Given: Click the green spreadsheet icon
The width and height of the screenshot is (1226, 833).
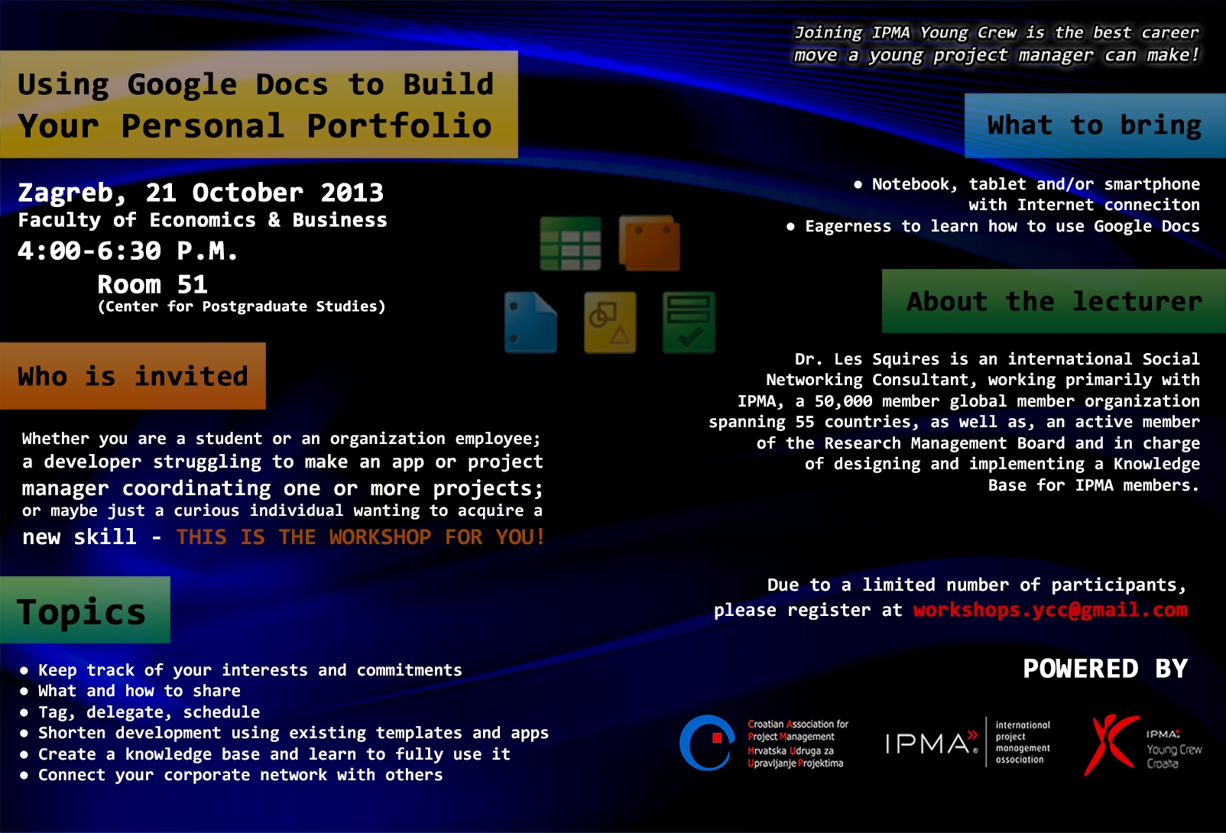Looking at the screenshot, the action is [570, 244].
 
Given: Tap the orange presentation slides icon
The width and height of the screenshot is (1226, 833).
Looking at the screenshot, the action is [650, 243].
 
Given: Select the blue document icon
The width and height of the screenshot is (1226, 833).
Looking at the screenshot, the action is [530, 323].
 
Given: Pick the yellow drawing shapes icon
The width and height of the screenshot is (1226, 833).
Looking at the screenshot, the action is [610, 323].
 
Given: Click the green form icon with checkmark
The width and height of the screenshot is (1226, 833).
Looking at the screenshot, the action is [689, 323].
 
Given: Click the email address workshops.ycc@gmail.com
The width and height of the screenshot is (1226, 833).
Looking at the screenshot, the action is [1050, 610].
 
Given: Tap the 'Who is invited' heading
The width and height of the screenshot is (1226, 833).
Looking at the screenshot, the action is [133, 377].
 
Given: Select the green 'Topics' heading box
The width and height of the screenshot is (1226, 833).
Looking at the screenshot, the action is [85, 610].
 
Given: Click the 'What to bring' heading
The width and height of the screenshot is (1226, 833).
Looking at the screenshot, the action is [1094, 125].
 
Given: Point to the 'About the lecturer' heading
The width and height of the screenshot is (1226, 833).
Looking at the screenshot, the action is [1054, 302].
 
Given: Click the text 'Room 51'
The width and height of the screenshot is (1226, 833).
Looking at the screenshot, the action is [152, 284].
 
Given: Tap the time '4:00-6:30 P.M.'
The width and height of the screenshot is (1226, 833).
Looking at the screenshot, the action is [128, 251].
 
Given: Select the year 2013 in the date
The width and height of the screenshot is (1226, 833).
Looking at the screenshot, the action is [352, 193].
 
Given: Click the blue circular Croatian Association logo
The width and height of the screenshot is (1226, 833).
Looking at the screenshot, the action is [706, 743].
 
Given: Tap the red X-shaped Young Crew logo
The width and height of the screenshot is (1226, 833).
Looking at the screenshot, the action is [1111, 744].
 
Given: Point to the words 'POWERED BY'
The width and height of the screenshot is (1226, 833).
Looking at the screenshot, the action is [1105, 669].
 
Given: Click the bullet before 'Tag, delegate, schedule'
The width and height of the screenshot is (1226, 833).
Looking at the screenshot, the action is [24, 712].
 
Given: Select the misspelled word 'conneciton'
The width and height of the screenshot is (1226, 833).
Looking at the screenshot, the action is [1152, 205].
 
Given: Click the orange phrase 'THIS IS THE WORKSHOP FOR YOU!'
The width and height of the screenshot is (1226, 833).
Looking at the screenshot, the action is [360, 537].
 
